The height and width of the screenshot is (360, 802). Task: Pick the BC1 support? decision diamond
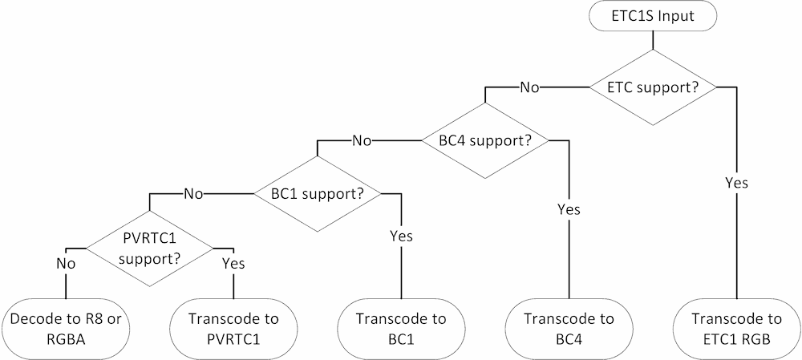tap(317, 194)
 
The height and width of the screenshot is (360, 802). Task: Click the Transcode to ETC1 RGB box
tap(735, 329)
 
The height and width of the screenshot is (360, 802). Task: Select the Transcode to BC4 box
tap(568, 329)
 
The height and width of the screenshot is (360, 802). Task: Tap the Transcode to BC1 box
tap(400, 329)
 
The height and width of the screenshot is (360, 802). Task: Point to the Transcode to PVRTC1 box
tap(233, 329)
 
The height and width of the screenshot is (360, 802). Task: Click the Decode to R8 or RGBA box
tap(65, 329)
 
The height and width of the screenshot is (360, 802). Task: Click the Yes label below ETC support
tap(735, 183)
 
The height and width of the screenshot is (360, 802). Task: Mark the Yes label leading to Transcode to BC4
tap(568, 209)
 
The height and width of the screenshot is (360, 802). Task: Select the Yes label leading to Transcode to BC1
tap(400, 237)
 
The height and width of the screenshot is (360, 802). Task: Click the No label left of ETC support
tap(529, 87)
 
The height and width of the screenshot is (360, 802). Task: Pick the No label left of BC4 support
tap(362, 140)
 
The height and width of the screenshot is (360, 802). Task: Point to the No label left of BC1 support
tap(193, 194)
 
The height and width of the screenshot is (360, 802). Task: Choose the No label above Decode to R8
tap(66, 263)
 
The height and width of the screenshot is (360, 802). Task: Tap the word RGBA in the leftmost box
tap(65, 338)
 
